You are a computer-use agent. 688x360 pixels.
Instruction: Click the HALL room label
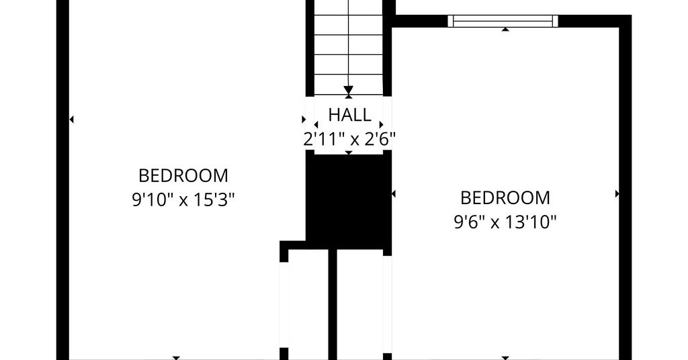tap(349, 115)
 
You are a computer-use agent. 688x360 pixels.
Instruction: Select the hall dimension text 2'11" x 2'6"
tap(349, 140)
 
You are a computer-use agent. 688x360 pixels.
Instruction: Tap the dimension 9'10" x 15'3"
tap(183, 200)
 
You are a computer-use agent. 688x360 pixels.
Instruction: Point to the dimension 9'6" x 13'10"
tap(505, 222)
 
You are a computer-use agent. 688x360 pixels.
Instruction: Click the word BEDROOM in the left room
tap(183, 176)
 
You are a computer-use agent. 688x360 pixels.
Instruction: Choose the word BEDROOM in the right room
tap(505, 197)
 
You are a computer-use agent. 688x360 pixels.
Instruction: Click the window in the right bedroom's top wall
tap(503, 21)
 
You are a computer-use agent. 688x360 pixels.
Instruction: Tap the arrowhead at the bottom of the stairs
tap(349, 90)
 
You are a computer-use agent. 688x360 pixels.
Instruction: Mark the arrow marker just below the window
tap(505, 30)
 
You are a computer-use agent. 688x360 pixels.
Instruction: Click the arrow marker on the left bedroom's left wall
tap(71, 120)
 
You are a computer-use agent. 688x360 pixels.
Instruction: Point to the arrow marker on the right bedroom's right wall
tap(617, 193)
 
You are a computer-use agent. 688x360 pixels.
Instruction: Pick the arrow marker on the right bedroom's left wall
tap(394, 193)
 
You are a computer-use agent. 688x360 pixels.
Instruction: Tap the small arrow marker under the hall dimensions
tap(349, 152)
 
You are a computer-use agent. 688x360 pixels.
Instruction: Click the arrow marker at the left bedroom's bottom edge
tap(176, 358)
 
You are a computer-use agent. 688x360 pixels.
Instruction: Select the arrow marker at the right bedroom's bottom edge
tap(505, 358)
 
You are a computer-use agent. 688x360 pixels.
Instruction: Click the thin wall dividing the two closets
tap(333, 305)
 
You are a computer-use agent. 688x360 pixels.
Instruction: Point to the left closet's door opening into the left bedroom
tap(284, 305)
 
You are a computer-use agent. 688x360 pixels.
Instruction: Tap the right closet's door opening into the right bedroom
tap(387, 304)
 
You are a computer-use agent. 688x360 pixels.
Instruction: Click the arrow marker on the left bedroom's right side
tap(304, 120)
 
